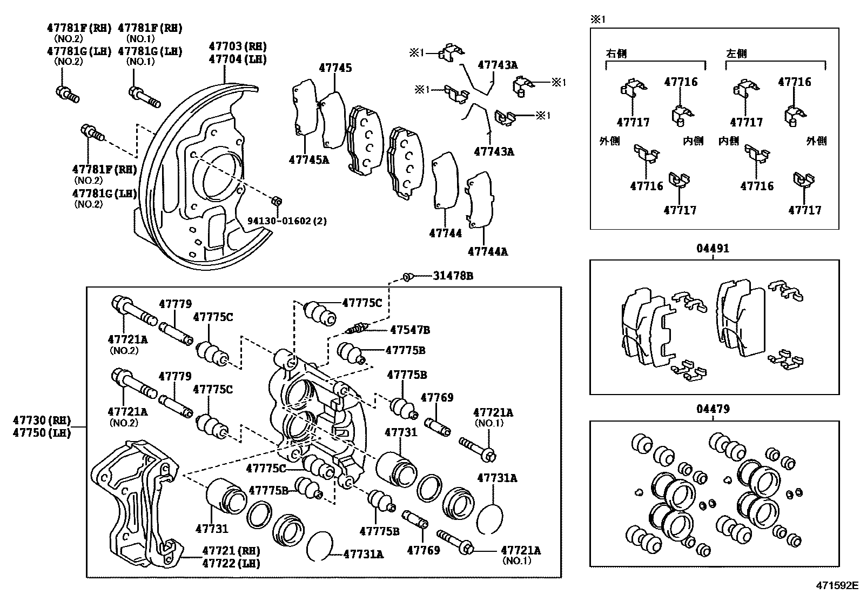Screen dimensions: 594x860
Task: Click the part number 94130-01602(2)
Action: [287, 221]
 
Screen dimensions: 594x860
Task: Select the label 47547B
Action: [410, 330]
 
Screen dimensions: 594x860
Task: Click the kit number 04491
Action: [713, 249]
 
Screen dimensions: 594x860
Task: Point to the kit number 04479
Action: [713, 409]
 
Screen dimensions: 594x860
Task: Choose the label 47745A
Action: [308, 160]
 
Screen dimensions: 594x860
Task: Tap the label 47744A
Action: [488, 251]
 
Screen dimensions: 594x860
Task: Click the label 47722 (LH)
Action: [231, 563]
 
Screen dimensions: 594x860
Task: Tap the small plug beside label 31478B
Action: [408, 277]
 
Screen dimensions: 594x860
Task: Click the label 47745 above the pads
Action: [335, 68]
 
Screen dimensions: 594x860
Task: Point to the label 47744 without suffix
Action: [445, 233]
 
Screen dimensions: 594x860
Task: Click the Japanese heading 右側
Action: [616, 54]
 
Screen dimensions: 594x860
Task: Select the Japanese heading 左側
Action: [736, 54]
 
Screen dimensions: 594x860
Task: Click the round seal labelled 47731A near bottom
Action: [318, 546]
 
